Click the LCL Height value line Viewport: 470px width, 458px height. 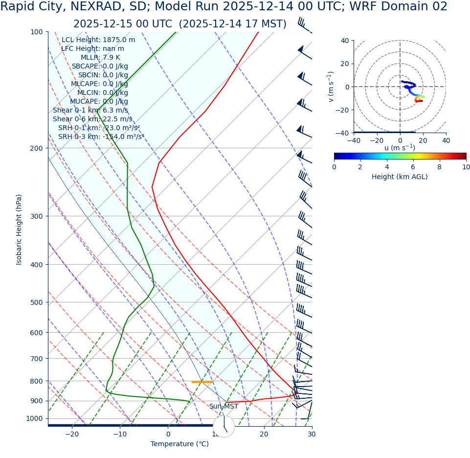tap(98, 40)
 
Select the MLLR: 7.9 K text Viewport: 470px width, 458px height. tap(100, 57)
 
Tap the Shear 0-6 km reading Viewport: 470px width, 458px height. tap(92, 119)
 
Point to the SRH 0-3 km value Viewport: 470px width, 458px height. tap(101, 137)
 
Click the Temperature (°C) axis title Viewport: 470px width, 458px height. tap(179, 444)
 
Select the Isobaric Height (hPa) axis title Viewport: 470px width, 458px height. tap(19, 229)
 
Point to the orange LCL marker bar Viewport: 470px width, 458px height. tap(201, 382)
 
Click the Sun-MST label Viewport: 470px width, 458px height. tap(224, 407)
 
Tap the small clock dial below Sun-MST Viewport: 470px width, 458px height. tap(224, 426)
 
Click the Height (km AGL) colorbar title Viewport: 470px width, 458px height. tap(400, 177)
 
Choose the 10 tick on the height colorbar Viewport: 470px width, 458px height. tap(466, 167)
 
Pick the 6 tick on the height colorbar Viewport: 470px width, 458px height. tap(413, 167)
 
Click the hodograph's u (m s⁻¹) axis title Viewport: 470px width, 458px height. tap(400, 148)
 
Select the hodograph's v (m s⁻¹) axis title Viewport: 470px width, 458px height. tap(331, 87)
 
